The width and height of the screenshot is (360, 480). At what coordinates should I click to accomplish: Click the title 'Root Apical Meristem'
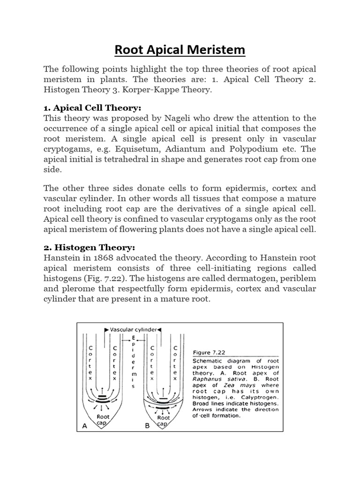click(x=180, y=49)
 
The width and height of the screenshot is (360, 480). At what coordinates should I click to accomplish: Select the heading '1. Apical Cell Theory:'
click(x=92, y=108)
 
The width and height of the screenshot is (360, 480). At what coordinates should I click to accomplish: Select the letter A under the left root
click(x=85, y=426)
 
